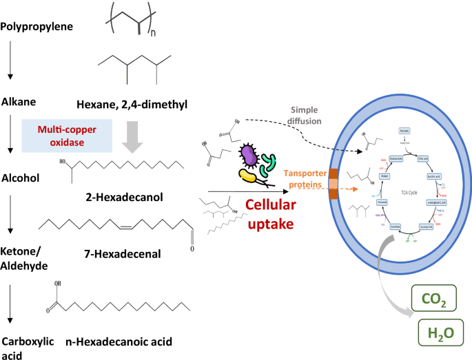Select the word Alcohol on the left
click(21, 177)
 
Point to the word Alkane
click(19, 101)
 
